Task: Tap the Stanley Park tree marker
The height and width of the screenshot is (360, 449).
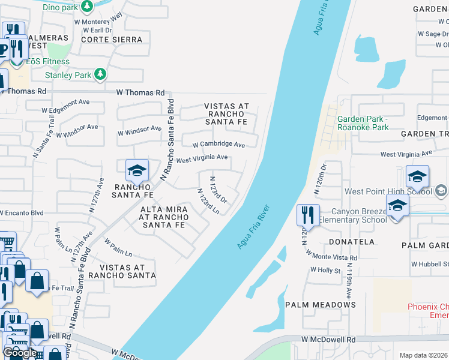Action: pos(100,75)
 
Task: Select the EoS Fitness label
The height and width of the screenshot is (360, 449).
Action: pos(47,61)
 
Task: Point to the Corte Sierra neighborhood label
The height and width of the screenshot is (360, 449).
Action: pos(112,40)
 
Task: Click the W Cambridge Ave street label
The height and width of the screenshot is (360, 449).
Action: pos(218,145)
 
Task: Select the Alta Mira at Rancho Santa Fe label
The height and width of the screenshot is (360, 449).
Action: pos(164,217)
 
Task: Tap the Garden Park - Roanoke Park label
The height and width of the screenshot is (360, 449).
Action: pos(363,123)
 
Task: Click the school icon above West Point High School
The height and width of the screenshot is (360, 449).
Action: pos(417,176)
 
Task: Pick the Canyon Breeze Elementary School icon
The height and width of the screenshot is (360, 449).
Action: pos(397,206)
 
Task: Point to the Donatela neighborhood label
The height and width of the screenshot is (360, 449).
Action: pos(352,242)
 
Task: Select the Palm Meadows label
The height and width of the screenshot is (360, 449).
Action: pos(320,305)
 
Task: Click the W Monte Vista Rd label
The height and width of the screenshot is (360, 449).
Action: pos(332,254)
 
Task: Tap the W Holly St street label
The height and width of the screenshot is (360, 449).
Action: pos(325,270)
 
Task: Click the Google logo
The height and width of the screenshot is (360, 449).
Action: pos(20,353)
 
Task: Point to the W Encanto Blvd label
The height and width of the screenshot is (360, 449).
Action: pos(22,212)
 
